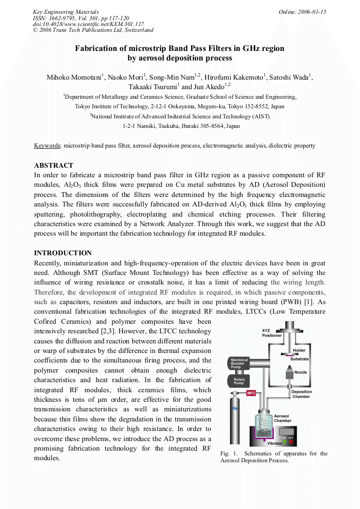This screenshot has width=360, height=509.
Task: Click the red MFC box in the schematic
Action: click(x=251, y=393)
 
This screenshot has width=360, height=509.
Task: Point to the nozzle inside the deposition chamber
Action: click(x=289, y=374)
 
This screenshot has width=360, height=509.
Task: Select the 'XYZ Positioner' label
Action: click(x=272, y=333)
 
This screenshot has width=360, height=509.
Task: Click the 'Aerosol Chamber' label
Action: click(x=282, y=418)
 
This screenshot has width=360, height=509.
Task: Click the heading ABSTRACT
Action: click(x=54, y=166)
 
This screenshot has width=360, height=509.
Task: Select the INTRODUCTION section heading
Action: click(x=63, y=253)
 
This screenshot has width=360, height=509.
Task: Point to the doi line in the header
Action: click(x=88, y=24)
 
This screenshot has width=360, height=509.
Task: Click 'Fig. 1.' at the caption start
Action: click(x=229, y=453)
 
